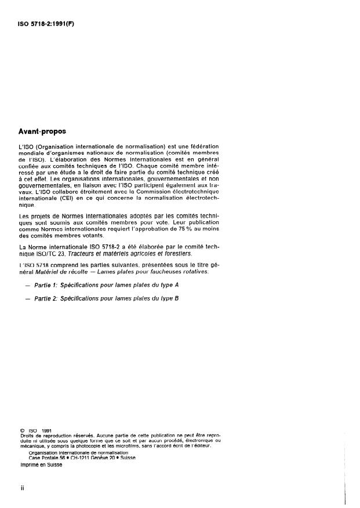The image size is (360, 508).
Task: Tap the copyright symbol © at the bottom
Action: click(x=22, y=430)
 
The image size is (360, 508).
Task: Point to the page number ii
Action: click(x=22, y=487)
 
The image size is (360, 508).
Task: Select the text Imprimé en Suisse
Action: click(x=42, y=464)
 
